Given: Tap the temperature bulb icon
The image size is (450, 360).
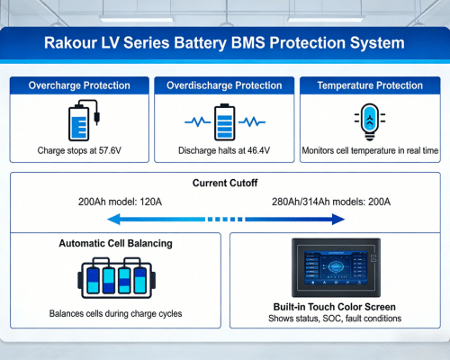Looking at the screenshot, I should tap(370, 120).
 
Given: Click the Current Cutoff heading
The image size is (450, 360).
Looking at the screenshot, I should tap(225, 184).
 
